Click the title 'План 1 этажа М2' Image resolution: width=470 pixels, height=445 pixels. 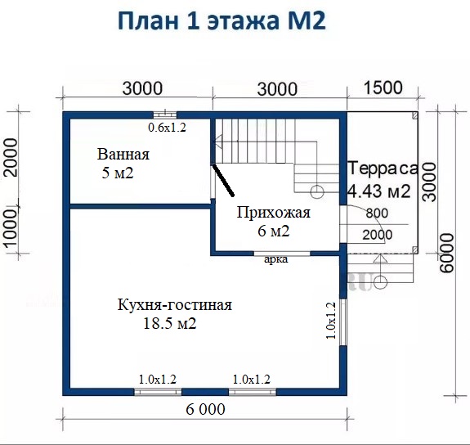[x=222, y=21]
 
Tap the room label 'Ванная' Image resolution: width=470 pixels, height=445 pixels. [x=123, y=155]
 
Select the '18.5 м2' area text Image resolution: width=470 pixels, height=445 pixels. [x=170, y=323]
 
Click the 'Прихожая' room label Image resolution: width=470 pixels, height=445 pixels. [x=274, y=213]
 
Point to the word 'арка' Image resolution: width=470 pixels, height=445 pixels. [x=275, y=259]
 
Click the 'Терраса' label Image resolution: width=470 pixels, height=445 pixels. [x=383, y=168]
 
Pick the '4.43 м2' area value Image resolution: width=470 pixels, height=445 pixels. [x=379, y=191]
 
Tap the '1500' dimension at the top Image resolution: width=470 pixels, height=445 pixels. [x=383, y=88]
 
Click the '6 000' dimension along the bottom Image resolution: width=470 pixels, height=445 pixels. [x=205, y=409]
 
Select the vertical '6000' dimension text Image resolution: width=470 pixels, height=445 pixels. [x=447, y=253]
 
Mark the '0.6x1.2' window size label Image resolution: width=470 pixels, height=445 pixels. [x=168, y=128]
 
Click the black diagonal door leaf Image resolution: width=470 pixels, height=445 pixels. [x=223, y=180]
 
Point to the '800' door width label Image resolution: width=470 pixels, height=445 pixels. [x=377, y=213]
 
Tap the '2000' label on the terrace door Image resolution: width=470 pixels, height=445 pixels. [x=378, y=235]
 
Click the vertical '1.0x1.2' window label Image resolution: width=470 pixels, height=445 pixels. [x=330, y=321]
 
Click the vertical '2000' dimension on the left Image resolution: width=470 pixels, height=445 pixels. [x=12, y=157]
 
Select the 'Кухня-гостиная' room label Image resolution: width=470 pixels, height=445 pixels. [x=174, y=305]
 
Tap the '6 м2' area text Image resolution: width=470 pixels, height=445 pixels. [x=274, y=231]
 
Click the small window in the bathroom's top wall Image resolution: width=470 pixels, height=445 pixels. [x=164, y=115]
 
